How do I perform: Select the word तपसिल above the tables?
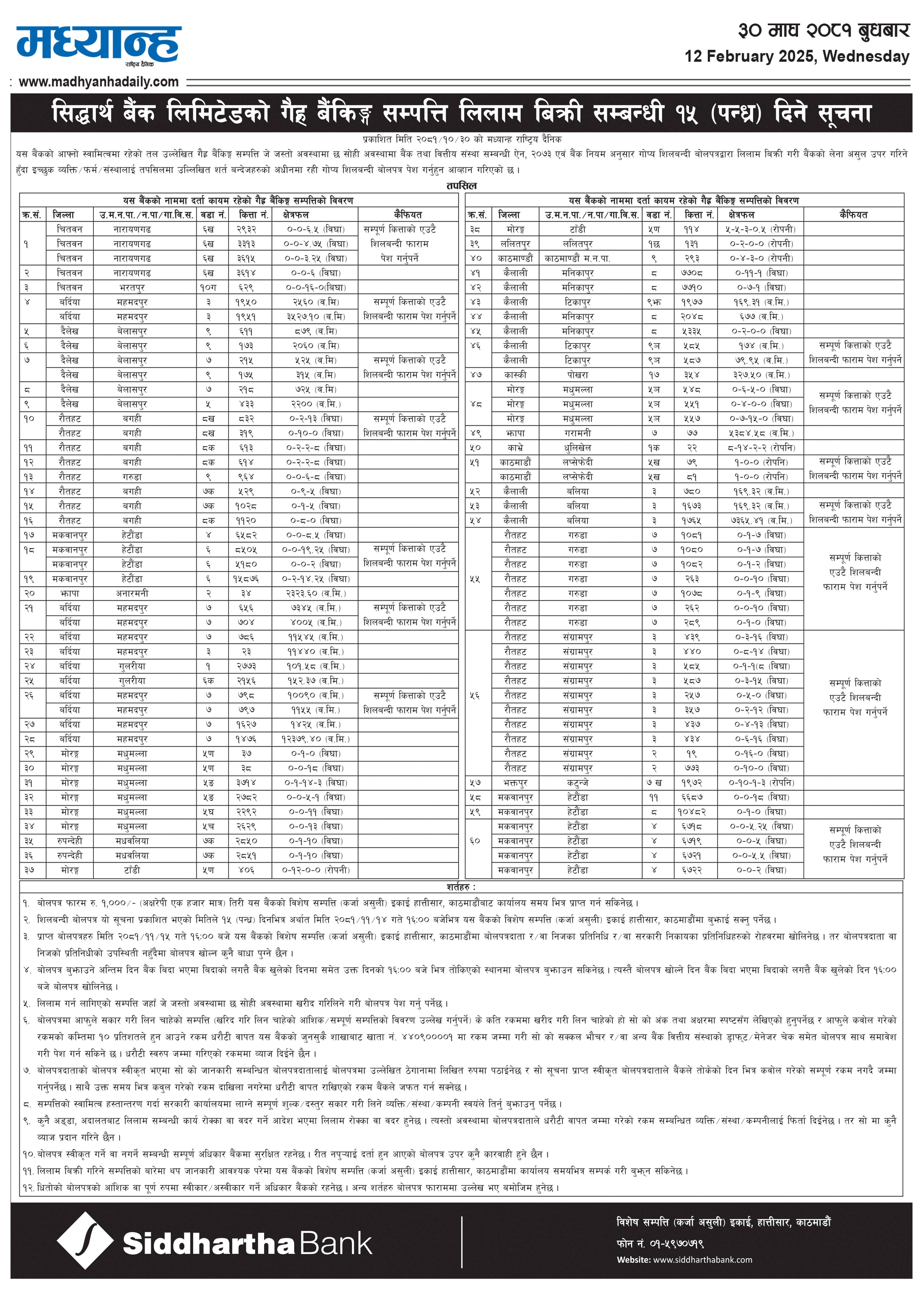[x=461, y=186]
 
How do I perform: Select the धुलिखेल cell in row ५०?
[x=577, y=448]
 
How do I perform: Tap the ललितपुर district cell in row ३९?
[x=515, y=244]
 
